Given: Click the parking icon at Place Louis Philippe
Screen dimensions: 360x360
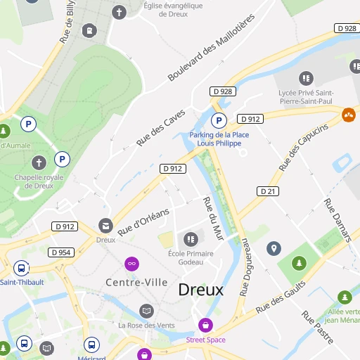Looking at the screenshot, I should tap(219, 121).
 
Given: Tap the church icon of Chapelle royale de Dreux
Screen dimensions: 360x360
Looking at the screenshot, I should tap(39, 162).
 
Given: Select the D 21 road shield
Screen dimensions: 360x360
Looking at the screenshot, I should tap(268, 191).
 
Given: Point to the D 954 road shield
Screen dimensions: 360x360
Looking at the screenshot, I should tap(61, 252).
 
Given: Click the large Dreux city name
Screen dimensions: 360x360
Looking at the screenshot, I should tap(200, 290).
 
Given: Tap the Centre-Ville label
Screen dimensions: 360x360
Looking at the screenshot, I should tap(136, 282).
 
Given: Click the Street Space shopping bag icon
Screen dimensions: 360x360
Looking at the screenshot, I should tap(205, 325).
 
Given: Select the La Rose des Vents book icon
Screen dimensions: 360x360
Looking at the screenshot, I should tap(146, 310).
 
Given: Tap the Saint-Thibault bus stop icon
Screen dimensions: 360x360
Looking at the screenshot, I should tap(21, 268).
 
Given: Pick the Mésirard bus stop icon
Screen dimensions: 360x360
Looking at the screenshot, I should tap(91, 345).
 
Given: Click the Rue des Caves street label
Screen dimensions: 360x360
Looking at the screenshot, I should tap(161, 127).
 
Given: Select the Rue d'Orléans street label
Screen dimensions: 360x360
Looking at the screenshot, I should tap(143, 222).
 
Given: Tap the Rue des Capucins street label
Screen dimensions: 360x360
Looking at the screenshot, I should tap(303, 148).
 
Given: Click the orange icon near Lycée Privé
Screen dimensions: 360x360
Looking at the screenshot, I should tap(349, 114).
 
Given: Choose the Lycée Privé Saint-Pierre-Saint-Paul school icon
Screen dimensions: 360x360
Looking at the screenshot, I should tap(306, 78).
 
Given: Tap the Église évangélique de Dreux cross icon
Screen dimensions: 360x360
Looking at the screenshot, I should tap(120, 13).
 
